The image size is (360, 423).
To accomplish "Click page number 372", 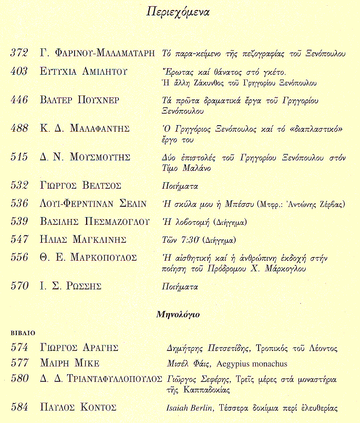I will [19, 53].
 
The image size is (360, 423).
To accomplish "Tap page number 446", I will [19, 100].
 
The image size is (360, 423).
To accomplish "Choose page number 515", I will [19, 157].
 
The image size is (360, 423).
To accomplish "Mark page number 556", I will [19, 257].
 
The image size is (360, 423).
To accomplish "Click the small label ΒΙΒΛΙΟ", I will [22, 333].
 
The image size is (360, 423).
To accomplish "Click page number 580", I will [19, 379].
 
